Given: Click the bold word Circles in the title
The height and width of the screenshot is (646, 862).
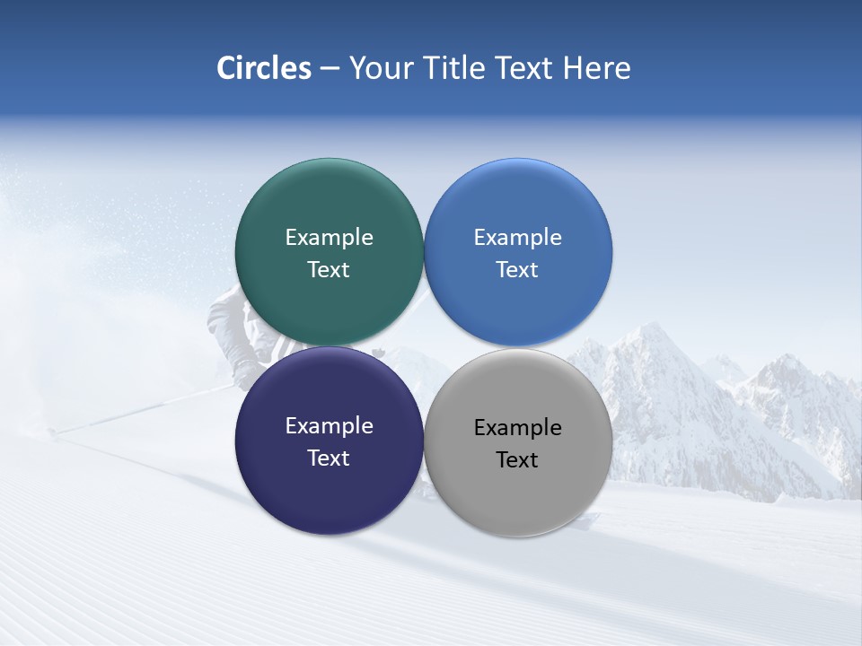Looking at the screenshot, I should click(x=263, y=68).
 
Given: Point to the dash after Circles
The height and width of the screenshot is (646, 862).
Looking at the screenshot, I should click(x=330, y=69).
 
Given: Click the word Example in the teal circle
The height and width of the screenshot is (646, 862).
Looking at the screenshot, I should click(x=329, y=237).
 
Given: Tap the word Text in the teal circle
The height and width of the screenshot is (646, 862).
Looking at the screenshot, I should click(x=329, y=269).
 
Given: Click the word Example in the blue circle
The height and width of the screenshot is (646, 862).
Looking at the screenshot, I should click(x=518, y=237).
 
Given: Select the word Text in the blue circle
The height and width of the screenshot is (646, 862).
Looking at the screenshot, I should click(x=518, y=269).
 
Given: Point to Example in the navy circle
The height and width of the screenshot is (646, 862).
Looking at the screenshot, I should click(x=329, y=425).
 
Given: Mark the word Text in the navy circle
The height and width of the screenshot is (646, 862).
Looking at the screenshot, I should click(x=329, y=458).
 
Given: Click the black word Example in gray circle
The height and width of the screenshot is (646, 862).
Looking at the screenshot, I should click(x=518, y=427).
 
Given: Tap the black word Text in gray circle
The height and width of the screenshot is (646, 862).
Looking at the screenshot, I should click(x=518, y=459).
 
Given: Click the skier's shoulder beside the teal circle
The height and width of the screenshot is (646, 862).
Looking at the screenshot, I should click(x=224, y=310).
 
